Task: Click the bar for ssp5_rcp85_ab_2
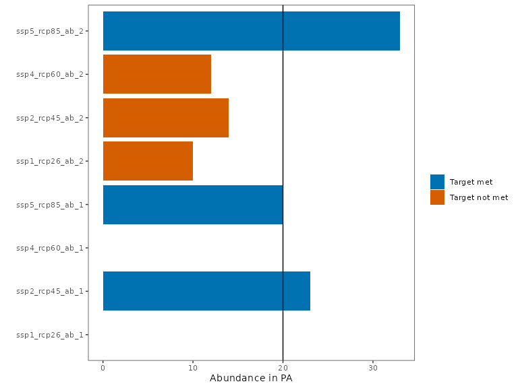[x=251, y=31]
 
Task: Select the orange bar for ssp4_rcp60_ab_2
[x=156, y=74]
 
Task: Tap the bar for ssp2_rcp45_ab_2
[x=165, y=118]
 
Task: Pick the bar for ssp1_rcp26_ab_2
[x=148, y=161]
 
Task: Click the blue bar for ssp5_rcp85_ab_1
[x=193, y=205]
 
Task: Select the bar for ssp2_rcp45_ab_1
[x=206, y=291]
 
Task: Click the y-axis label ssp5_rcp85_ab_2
[x=50, y=31]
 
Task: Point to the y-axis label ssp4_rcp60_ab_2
[x=50, y=74]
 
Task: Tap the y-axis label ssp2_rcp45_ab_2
[x=50, y=118]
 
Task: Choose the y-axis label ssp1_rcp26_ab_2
[x=50, y=161]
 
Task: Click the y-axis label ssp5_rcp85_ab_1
[x=50, y=205]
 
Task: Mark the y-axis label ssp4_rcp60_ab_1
[x=50, y=248]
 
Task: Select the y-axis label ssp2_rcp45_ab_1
[x=50, y=291]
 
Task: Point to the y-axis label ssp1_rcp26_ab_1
[x=50, y=335]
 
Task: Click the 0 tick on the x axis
[x=103, y=368]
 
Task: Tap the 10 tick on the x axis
[x=193, y=368]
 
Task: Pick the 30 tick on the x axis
[x=373, y=368]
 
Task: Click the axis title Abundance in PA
[x=251, y=379]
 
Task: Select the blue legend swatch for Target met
[x=437, y=182]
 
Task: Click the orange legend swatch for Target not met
[x=437, y=197]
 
